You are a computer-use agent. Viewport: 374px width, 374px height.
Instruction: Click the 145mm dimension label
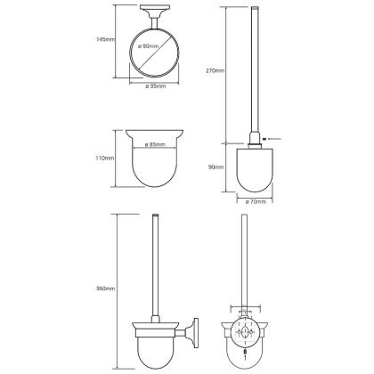click(105, 39)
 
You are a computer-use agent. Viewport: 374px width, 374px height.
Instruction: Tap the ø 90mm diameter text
click(148, 46)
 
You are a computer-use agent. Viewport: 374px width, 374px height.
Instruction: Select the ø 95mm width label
click(156, 86)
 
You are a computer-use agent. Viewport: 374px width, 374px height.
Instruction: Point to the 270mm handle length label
click(215, 70)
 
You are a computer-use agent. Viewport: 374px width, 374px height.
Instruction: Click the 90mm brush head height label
click(216, 167)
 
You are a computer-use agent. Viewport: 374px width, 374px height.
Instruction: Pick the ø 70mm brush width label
click(256, 202)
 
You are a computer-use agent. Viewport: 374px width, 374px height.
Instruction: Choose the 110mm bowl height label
click(105, 159)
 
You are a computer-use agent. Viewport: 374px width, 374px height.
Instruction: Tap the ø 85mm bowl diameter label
click(155, 145)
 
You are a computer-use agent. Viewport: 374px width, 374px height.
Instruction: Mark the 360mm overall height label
click(106, 289)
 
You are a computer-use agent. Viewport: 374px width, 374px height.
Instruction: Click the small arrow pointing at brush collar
click(272, 138)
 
